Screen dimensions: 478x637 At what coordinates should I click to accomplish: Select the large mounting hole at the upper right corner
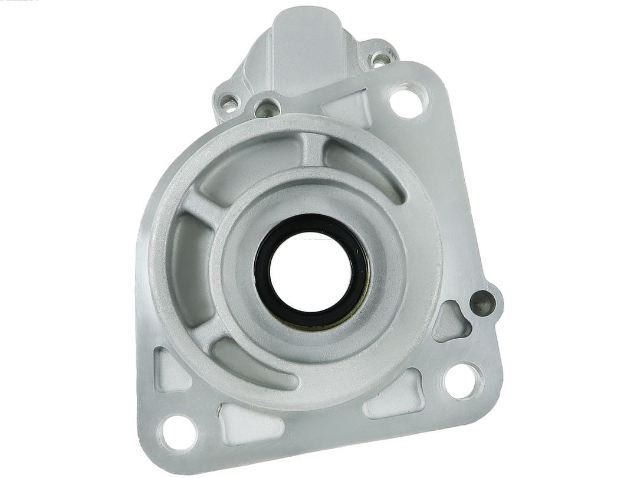coord(406,102)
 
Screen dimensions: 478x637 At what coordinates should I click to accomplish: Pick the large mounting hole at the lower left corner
coord(178,433)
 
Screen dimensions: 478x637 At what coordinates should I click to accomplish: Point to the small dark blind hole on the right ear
coord(482,303)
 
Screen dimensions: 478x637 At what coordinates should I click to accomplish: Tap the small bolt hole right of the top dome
coord(380,59)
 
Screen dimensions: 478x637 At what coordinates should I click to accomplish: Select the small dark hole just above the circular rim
coord(269,108)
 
